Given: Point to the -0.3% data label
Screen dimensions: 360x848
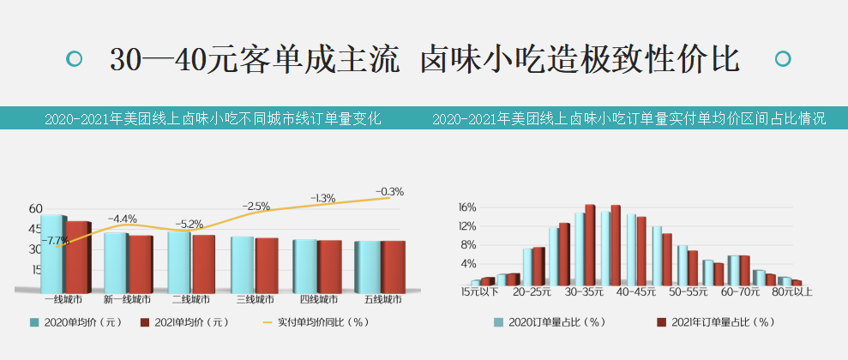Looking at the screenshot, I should click(389, 191).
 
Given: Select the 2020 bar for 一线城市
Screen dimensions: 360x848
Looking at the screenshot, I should click(52, 253).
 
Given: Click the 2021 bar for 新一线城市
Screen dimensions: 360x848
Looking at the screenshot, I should click(141, 263).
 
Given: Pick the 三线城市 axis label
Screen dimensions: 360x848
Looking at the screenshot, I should click(255, 300).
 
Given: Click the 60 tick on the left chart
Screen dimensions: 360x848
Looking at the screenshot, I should click(35, 208).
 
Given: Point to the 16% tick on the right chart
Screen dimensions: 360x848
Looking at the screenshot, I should click(466, 207).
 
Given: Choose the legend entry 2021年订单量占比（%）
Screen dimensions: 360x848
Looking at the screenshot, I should click(721, 322).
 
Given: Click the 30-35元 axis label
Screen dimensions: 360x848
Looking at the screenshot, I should click(584, 292).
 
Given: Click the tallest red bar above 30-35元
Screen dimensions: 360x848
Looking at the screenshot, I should click(590, 244).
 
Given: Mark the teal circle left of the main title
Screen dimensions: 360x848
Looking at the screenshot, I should click(75, 59).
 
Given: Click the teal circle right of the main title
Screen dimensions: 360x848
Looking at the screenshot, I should click(781, 59).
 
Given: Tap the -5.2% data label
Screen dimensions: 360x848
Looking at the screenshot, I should click(189, 224).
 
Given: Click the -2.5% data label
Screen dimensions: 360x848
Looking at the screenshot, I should click(256, 207).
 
